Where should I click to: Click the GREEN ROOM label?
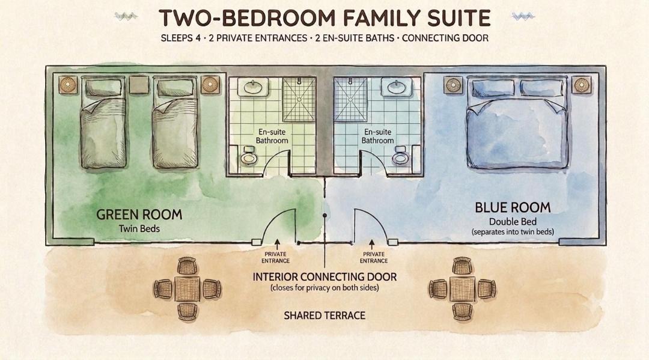pos(139,215)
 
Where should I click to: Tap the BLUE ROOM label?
pos(513,207)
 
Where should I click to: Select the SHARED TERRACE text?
pos(324,316)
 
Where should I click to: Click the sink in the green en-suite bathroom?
pos(255,88)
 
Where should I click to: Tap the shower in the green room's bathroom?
pos(299,99)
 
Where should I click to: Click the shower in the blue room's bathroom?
pos(350,99)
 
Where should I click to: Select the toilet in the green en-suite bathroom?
pos(248,155)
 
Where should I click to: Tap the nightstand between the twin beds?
pos(139,85)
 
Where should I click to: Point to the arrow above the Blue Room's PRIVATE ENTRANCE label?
pos(372,244)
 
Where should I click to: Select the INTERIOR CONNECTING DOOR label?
pos(324,277)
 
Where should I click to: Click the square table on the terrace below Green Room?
pos(187,289)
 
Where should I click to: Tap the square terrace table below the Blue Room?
pos(462,289)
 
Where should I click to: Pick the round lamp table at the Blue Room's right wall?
pos(582,85)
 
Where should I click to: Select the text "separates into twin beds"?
pos(513,232)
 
